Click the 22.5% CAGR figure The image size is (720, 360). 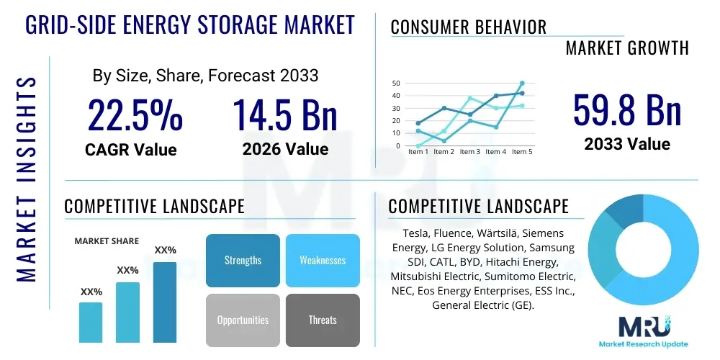(x=135, y=115)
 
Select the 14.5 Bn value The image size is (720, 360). (x=285, y=115)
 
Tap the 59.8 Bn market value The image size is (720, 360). (x=626, y=110)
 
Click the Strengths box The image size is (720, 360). (x=243, y=260)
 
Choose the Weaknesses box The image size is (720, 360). (x=323, y=260)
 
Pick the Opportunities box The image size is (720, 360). (x=243, y=320)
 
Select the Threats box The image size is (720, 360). (x=323, y=320)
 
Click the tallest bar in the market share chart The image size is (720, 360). (x=165, y=302)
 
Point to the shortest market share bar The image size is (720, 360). (x=91, y=322)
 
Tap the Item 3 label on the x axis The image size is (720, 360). (x=469, y=152)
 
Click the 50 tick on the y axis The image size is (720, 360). (x=395, y=84)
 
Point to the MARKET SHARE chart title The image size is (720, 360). (x=107, y=241)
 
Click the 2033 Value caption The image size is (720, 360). (x=626, y=144)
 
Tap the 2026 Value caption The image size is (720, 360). (x=285, y=149)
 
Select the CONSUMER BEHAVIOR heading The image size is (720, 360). (x=468, y=27)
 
